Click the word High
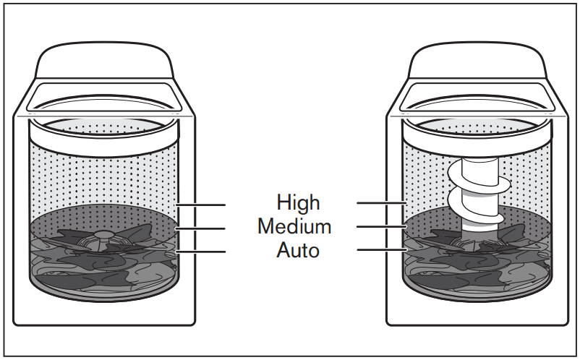click(297, 202)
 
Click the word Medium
click(294, 226)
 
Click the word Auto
click(297, 251)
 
